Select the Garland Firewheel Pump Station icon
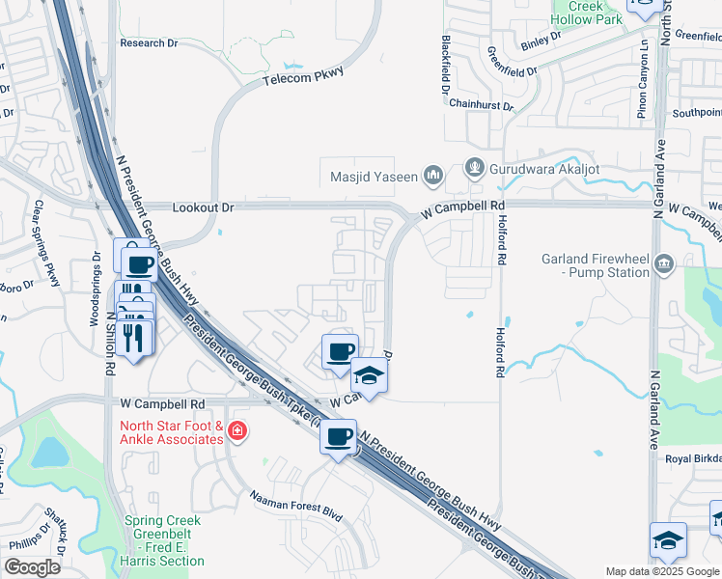tap(663, 263)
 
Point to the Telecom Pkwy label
tap(303, 76)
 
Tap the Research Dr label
tap(149, 43)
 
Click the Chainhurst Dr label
tap(481, 104)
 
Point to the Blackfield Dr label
tap(446, 58)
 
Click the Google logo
tap(33, 567)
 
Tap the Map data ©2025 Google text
tap(661, 571)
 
